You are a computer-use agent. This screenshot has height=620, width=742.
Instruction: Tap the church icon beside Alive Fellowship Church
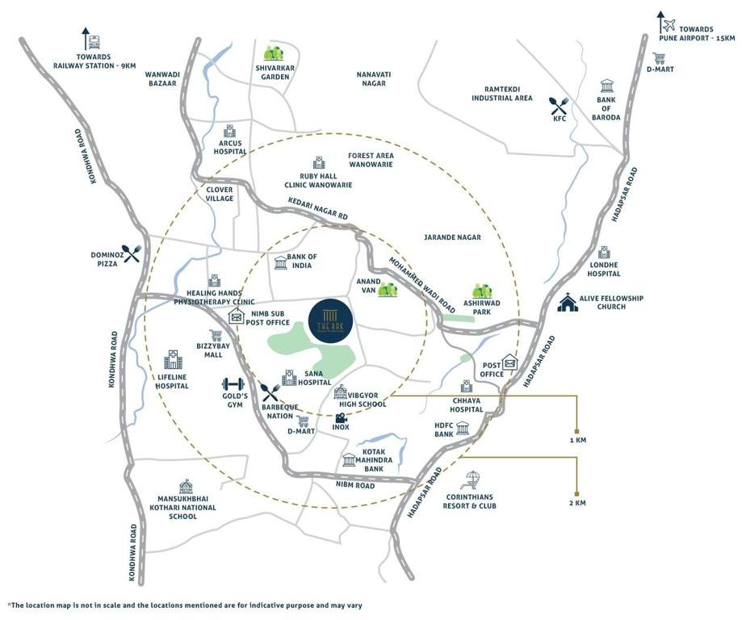click(x=568, y=304)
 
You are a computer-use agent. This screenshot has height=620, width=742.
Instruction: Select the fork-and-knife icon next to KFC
click(x=560, y=105)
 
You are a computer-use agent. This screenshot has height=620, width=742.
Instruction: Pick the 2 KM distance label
click(x=576, y=503)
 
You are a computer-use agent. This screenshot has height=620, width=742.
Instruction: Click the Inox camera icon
click(x=342, y=418)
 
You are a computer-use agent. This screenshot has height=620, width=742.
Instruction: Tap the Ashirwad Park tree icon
click(x=483, y=292)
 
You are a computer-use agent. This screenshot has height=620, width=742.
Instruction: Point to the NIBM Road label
click(x=355, y=485)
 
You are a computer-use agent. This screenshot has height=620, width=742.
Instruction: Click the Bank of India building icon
click(x=280, y=262)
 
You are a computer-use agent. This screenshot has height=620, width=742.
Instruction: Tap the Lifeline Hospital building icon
click(x=173, y=360)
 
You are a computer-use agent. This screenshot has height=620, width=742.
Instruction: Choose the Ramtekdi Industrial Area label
click(x=502, y=93)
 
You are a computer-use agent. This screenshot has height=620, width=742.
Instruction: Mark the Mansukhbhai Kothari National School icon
click(x=187, y=485)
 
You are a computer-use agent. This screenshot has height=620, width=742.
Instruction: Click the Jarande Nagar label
click(x=452, y=237)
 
